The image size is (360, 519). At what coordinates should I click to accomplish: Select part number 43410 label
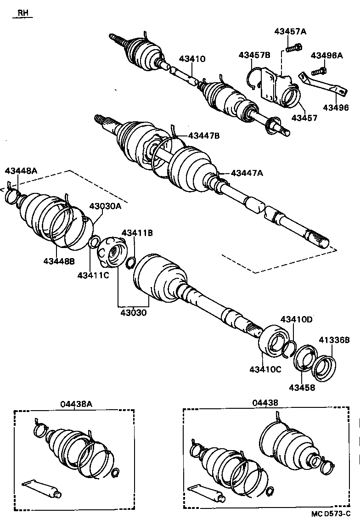point(192,59)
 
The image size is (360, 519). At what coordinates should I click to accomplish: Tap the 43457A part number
point(290,31)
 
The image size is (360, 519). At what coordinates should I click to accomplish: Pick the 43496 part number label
point(336,107)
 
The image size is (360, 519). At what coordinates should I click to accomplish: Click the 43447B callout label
point(204,135)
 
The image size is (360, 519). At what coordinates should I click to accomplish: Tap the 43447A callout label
point(247,173)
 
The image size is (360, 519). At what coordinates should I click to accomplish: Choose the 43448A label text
point(21,171)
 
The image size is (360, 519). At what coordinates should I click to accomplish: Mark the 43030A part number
point(105,206)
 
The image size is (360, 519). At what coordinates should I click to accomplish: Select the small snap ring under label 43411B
point(129,263)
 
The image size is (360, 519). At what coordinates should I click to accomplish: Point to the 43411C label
point(93,275)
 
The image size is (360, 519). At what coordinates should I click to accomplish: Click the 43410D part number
point(296,319)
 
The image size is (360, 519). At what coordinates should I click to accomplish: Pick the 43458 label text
point(302,387)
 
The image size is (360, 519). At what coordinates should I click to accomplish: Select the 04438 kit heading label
point(266,403)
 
